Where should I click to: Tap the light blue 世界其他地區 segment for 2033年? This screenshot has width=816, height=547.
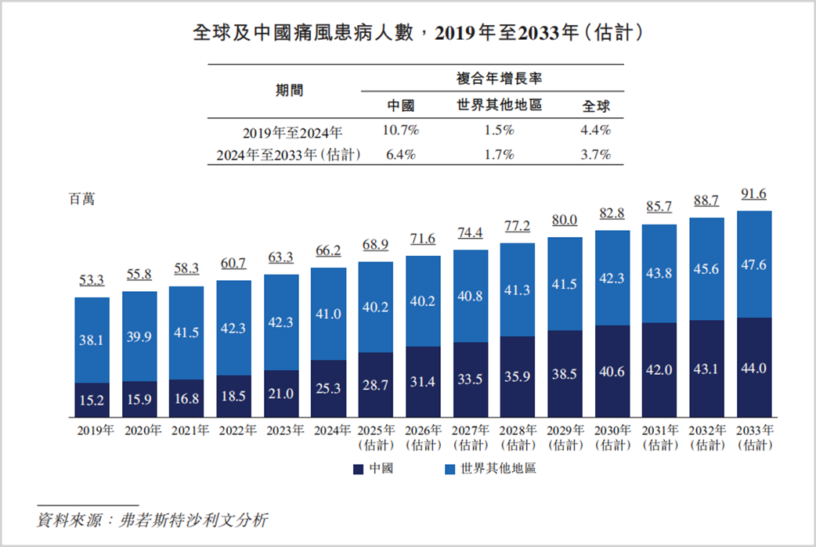[x=754, y=264]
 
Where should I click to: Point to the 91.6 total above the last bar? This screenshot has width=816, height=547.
[x=753, y=194]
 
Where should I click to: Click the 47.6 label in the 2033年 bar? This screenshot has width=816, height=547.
[x=753, y=265]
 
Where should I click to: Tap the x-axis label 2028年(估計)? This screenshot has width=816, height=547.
[x=518, y=438]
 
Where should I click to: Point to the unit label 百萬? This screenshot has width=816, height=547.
[x=82, y=199]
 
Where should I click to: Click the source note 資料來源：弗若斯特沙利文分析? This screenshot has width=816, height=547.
[x=153, y=520]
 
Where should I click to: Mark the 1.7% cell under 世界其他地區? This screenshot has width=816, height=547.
[x=499, y=155]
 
